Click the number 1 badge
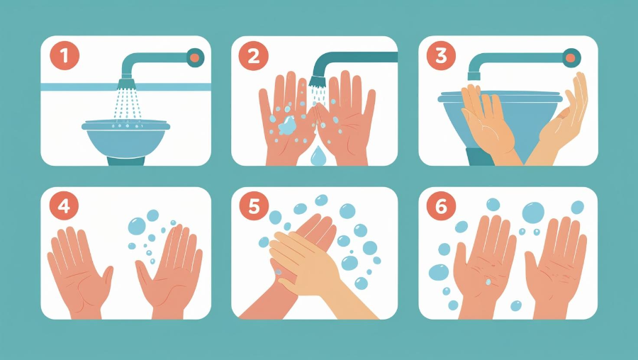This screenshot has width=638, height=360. click(65, 56)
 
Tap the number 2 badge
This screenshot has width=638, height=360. click(254, 56)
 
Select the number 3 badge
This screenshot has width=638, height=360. click(441, 56)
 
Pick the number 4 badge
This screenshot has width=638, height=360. click(64, 206)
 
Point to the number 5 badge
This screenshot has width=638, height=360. click(254, 206)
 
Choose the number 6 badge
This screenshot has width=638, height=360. click(441, 206)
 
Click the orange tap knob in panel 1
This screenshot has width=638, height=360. click(195, 58)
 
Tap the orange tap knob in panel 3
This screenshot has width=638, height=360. click(571, 58)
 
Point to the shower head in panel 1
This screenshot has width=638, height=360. click(126, 84)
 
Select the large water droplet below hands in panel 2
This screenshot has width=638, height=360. click(318, 155)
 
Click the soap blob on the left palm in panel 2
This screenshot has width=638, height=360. click(287, 125)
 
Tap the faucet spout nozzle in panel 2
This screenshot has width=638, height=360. click(316, 81)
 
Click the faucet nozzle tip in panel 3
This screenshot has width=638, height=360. click(474, 76)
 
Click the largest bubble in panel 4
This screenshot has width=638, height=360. click(137, 226)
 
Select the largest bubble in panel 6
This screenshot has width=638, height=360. click(533, 213)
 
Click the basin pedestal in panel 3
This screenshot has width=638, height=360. click(480, 157)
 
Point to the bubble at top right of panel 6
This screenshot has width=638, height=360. click(577, 207)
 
